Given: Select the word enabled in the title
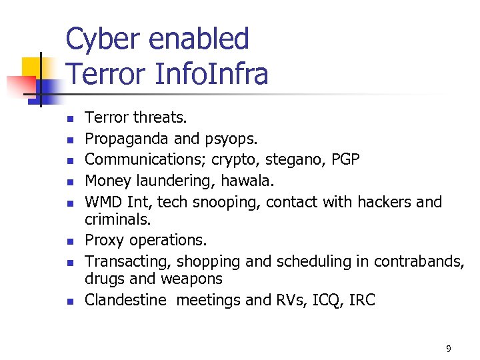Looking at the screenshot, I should [199, 39].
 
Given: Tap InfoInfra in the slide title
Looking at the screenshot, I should [211, 73].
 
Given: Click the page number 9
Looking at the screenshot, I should [448, 349].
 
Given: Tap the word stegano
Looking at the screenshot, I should [293, 160].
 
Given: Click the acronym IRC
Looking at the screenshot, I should [361, 300].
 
